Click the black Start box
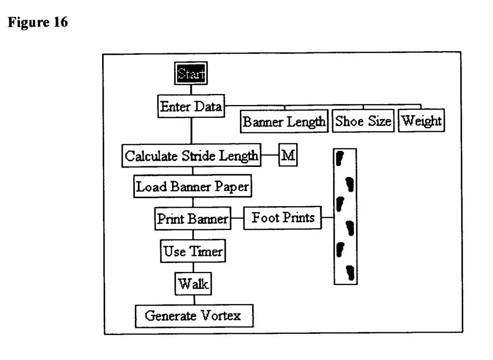pyautogui.click(x=192, y=74)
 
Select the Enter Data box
pyautogui.click(x=191, y=107)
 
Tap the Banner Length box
pyautogui.click(x=284, y=122)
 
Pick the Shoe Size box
pyautogui.click(x=363, y=121)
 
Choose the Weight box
pyautogui.click(x=422, y=121)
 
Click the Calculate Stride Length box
pyautogui.click(x=191, y=155)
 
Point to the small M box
pyautogui.click(x=288, y=155)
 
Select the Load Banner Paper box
pyautogui.click(x=193, y=187)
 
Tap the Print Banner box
pyautogui.click(x=192, y=219)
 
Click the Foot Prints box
pyautogui.click(x=283, y=218)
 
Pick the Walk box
pyautogui.click(x=193, y=284)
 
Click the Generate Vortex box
pyautogui.click(x=193, y=316)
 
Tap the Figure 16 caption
pyautogui.click(x=38, y=23)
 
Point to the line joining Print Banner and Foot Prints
pyautogui.click(x=237, y=219)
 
